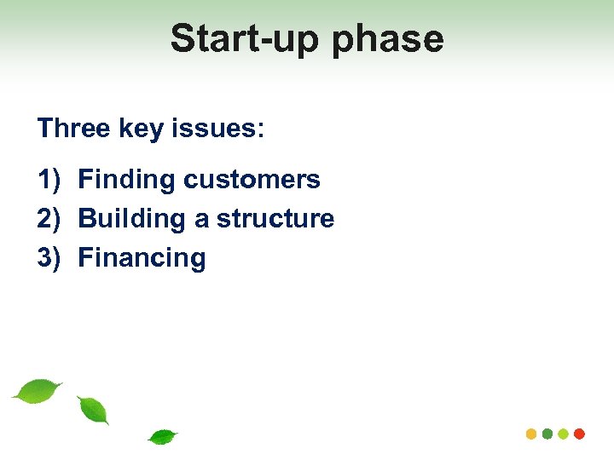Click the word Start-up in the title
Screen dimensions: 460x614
238,39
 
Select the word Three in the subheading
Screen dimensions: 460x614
73,129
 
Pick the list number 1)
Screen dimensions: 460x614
49,180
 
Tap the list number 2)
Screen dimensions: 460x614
49,219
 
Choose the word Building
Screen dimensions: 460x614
132,219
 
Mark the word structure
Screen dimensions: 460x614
275,219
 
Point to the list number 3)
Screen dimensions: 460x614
49,258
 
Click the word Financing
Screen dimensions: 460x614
142,258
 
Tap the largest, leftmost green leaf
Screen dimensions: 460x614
38,390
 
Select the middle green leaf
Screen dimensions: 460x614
93,411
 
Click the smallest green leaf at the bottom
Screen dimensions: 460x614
162,437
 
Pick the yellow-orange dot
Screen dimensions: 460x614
531,434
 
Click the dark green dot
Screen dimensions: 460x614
547,434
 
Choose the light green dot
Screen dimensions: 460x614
563,434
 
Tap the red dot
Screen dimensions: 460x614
579,434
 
